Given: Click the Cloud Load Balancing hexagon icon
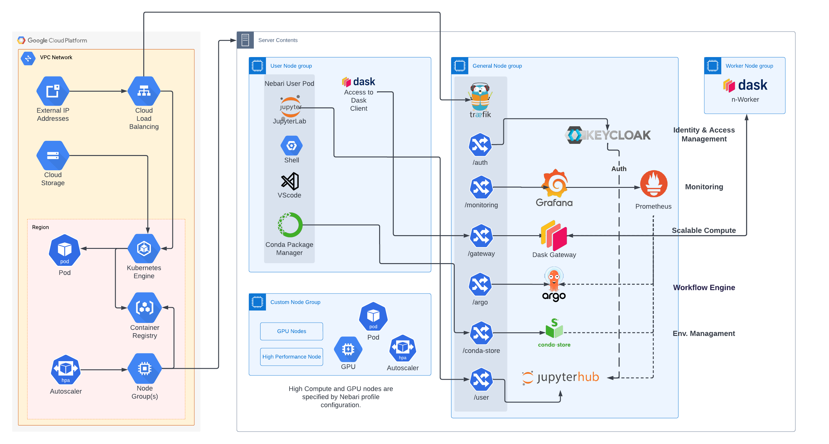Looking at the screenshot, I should pyautogui.click(x=144, y=91).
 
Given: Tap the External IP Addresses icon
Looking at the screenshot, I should pyautogui.click(x=53, y=91).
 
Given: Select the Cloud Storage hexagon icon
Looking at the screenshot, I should pyautogui.click(x=53, y=155).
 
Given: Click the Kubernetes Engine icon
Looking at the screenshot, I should pyautogui.click(x=144, y=248).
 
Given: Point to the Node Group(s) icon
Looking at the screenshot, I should pyautogui.click(x=144, y=368).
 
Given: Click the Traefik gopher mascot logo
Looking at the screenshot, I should pyautogui.click(x=480, y=97).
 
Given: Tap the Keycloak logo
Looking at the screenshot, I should pyautogui.click(x=608, y=135).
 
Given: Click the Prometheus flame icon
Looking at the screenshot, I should pyautogui.click(x=653, y=184).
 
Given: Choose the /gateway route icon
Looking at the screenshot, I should pyautogui.click(x=481, y=236).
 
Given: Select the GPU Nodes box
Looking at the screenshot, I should pyautogui.click(x=291, y=331).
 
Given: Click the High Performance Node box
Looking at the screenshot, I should pyautogui.click(x=291, y=357).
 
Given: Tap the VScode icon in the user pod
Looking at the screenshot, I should pyautogui.click(x=290, y=181).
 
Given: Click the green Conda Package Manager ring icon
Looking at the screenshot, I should pyautogui.click(x=290, y=225).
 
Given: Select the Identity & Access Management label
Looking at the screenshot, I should pyautogui.click(x=704, y=134).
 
